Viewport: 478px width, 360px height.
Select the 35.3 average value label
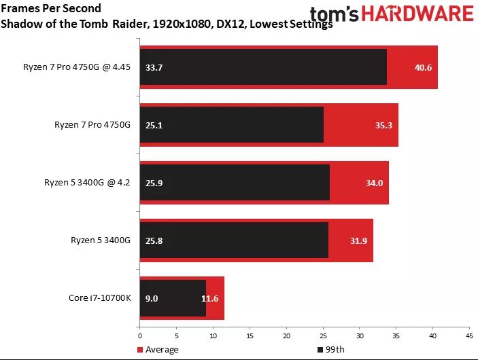[383, 125]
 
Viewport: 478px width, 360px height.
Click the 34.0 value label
[375, 183]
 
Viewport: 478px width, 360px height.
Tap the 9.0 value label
[151, 298]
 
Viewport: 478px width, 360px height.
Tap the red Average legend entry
[158, 349]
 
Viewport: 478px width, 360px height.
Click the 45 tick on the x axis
[469, 336]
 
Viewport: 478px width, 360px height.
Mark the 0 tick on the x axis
[139, 336]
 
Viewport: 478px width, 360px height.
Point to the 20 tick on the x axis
[286, 336]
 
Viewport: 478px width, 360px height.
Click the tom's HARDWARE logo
[391, 13]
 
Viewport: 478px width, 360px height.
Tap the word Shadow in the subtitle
[21, 24]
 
